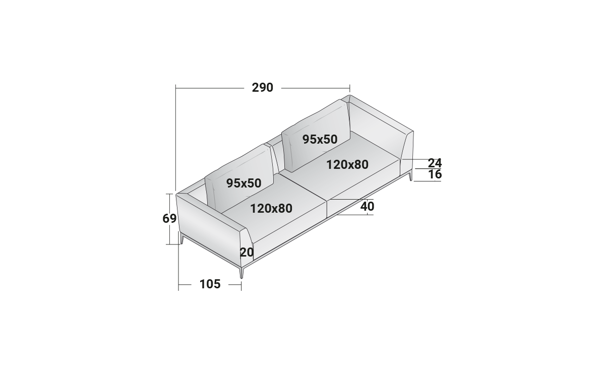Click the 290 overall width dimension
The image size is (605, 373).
263,88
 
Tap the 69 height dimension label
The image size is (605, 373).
169,218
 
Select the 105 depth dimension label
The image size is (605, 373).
210,284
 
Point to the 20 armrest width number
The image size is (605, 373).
247,253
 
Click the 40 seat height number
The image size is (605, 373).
368,207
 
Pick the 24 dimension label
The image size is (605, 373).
435,163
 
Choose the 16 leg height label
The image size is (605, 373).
435,174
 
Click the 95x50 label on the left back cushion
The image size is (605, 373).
244,183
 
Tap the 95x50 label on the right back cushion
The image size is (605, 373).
320,139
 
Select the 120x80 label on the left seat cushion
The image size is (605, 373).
271,209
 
